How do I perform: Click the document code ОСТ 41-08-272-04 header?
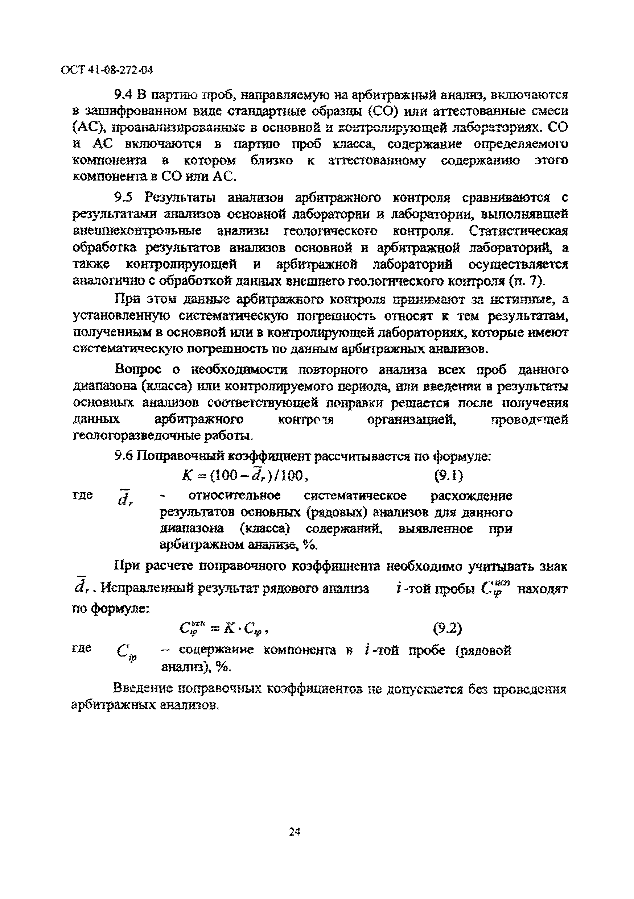coord(107,70)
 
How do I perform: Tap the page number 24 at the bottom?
coord(294,831)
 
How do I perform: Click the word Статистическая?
coord(518,231)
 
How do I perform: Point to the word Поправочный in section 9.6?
coord(180,456)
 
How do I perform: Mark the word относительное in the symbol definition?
coord(234,496)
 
